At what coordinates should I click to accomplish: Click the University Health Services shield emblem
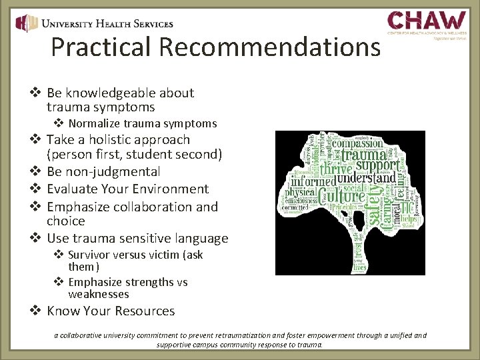point(27,23)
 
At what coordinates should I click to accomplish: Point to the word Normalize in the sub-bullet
point(93,123)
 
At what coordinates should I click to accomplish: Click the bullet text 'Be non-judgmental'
point(103,172)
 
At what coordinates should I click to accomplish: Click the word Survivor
point(91,255)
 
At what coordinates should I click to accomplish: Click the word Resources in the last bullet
point(144,311)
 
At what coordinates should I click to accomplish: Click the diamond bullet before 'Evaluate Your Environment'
point(37,189)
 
